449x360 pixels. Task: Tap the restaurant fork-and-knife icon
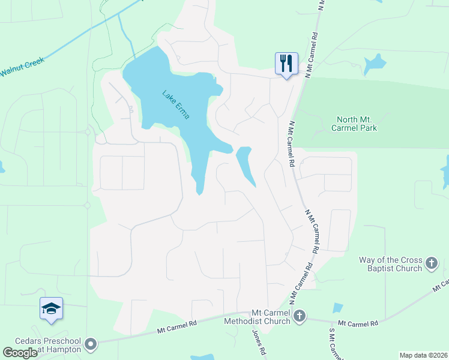[286, 63]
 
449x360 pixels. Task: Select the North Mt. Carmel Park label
[357, 124]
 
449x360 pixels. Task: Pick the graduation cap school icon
[51, 308]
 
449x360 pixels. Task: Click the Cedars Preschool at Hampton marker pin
[91, 344]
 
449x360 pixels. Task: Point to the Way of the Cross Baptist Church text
[391, 264]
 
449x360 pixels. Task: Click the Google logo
[20, 352]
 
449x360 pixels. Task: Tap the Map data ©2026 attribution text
[423, 355]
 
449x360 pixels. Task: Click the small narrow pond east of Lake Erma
[246, 166]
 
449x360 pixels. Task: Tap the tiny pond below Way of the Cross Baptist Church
[338, 308]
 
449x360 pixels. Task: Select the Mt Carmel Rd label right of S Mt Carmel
[358, 323]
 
